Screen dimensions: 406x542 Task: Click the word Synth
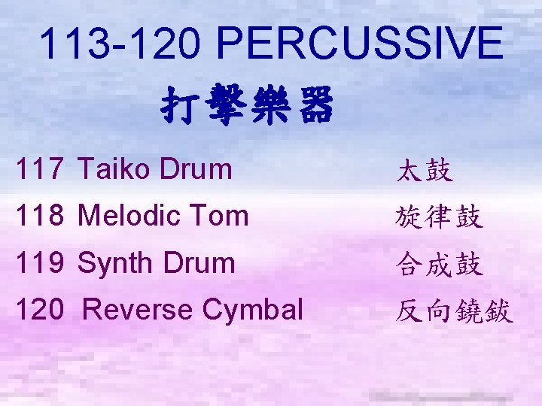(114, 263)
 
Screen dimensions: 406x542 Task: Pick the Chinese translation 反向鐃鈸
(454, 311)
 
